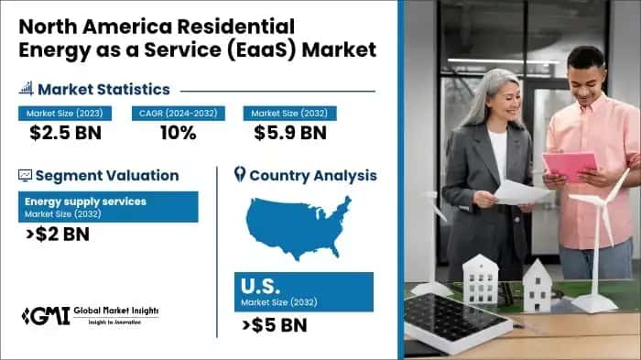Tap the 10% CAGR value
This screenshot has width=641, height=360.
point(177,134)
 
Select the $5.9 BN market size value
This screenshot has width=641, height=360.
point(289,134)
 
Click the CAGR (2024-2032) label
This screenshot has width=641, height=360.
point(177,114)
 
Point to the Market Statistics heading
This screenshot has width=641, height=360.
point(103,89)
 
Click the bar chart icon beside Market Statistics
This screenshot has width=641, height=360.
point(26,89)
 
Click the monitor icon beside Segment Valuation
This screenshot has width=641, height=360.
point(25,175)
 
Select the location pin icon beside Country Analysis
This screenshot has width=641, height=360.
point(240,174)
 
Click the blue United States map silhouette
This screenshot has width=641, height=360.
point(298,225)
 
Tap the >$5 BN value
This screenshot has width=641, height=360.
point(274,324)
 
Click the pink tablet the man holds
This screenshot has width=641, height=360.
point(569,167)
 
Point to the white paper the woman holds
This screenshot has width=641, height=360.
point(520,191)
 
